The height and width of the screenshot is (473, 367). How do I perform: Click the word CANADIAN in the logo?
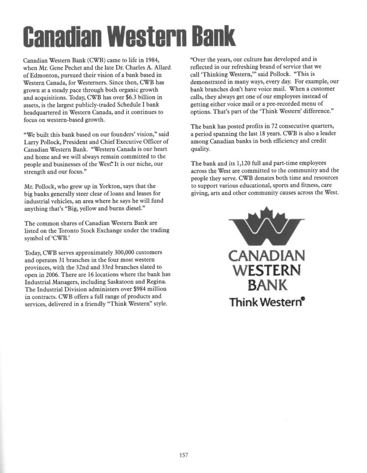coord(266,255)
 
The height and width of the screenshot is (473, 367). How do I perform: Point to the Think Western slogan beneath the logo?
coord(266,303)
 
